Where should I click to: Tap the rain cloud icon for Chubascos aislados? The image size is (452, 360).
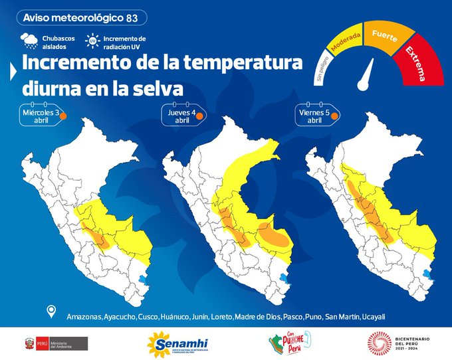pos(30,41)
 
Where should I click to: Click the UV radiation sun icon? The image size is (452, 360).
pos(91,41)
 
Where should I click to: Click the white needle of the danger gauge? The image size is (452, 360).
pos(366,75)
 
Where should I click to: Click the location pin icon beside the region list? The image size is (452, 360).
pos(51,312)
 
